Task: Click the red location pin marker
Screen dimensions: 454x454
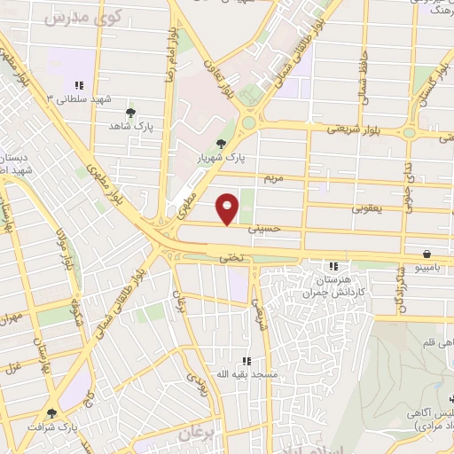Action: [228, 208]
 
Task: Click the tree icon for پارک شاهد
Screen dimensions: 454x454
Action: [131, 113]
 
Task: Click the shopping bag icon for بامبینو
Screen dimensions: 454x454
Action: [427, 252]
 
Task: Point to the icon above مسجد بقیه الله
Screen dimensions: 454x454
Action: [247, 361]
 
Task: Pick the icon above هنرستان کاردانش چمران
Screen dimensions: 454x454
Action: [333, 265]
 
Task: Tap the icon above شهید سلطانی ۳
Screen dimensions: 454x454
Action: [79, 86]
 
